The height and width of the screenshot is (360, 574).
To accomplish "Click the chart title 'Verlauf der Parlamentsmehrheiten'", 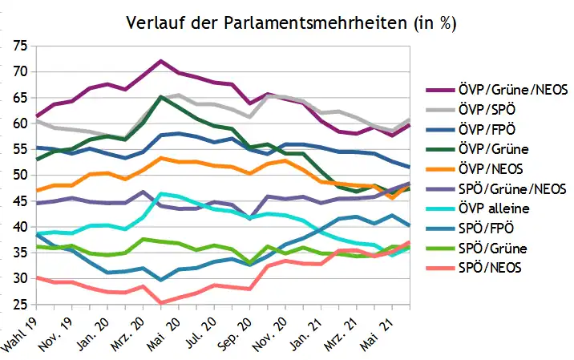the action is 267,22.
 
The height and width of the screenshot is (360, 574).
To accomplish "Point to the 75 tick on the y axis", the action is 20,47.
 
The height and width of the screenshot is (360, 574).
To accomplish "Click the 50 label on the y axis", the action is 20,175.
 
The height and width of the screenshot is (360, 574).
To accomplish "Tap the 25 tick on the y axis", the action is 20,305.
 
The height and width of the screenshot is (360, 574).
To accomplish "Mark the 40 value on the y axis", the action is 20,227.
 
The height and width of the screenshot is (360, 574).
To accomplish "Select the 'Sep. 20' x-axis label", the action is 235,334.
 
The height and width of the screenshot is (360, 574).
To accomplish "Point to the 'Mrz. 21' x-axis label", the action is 341,335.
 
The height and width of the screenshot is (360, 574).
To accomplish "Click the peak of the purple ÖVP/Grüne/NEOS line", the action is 160,61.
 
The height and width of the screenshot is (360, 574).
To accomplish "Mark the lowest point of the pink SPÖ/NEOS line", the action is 160,303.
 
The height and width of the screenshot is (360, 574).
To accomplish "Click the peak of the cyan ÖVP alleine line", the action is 160,193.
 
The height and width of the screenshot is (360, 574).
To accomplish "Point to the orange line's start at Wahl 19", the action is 37,191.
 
